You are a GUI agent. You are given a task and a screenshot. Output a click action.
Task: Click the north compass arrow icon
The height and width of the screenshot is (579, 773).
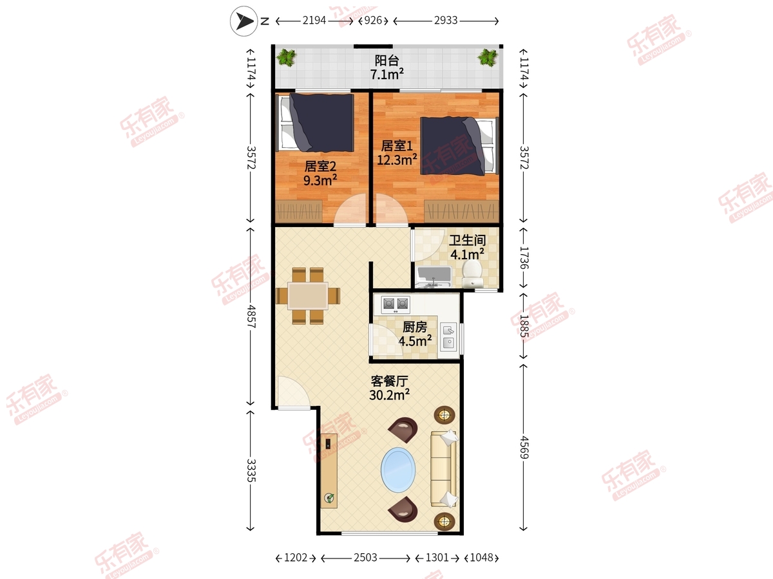click(x=243, y=21)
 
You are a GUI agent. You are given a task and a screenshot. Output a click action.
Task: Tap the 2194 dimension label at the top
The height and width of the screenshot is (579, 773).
click(x=314, y=21)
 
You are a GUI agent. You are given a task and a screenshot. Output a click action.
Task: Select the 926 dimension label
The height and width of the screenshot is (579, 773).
click(x=373, y=21)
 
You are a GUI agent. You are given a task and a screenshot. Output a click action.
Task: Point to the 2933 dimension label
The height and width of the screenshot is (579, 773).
click(x=446, y=21)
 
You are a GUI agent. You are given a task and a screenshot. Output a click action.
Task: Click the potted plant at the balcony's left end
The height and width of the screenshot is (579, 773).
click(x=286, y=57)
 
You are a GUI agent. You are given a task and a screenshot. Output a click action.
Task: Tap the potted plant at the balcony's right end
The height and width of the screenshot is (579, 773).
click(x=488, y=57)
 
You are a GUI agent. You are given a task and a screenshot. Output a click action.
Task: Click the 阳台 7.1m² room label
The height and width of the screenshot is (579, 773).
click(x=386, y=68)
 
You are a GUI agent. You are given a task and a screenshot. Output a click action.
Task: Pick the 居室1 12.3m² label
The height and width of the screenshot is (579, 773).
click(x=397, y=153)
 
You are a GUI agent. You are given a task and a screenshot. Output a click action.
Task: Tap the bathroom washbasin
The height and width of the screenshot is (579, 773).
click(x=434, y=277)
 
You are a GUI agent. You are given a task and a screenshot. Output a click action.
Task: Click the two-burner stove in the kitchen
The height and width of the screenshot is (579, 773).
click(x=396, y=304)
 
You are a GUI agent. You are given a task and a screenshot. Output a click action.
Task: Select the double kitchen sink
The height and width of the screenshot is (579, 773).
click(x=448, y=336)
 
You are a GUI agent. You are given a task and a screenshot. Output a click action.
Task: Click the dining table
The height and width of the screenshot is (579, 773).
click(x=308, y=296)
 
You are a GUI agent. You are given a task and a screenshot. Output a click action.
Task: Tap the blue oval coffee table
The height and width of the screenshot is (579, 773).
click(x=398, y=470)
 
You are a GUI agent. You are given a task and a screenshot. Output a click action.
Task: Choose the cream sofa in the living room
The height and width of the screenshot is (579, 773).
click(x=444, y=469)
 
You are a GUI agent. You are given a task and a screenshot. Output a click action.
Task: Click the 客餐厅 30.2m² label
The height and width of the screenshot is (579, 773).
click(x=389, y=389)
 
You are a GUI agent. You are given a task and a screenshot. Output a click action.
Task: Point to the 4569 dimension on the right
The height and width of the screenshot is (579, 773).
click(x=524, y=447)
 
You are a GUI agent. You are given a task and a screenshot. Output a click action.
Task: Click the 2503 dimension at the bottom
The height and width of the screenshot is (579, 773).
click(x=365, y=558)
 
